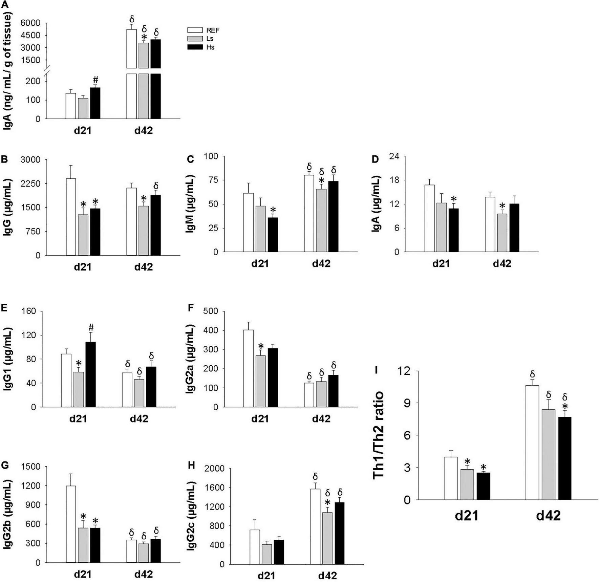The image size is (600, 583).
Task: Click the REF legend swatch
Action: tap(195, 30)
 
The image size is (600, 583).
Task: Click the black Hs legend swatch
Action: tap(195, 47)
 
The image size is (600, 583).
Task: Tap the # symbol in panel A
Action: tap(95, 80)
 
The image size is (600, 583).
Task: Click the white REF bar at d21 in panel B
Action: tap(71, 217)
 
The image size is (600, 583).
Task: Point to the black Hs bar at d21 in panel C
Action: tap(273, 235)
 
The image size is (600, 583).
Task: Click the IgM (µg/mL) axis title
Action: tap(190, 204)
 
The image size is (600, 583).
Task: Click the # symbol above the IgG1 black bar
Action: tap(91, 327)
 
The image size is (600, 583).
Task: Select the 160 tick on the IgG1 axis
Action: tap(28, 311)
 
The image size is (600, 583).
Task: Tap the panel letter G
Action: tap(5, 465)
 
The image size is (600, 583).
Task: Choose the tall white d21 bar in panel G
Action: tap(71, 524)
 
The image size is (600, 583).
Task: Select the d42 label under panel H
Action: tap(327, 576)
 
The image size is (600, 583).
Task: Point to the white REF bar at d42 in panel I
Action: tap(532, 442)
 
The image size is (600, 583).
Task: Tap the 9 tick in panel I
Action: tap(406, 403)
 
